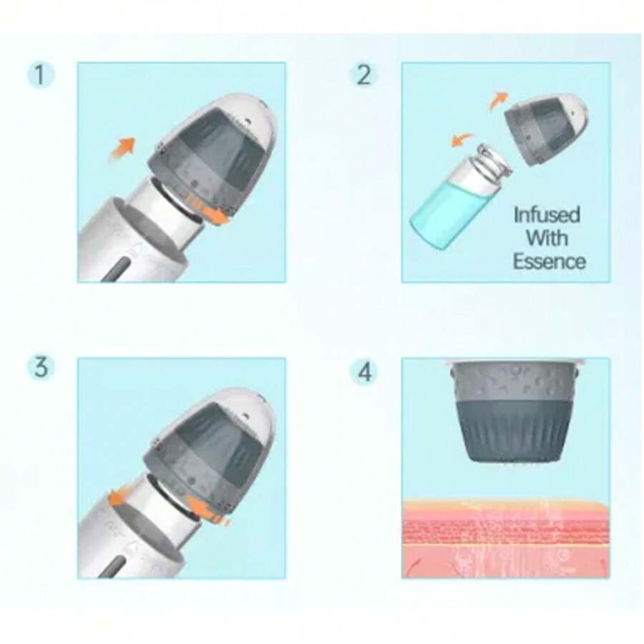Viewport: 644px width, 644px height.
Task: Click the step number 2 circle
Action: (x=364, y=75)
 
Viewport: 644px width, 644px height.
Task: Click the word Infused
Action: (x=547, y=215)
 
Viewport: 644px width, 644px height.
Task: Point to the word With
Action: (x=547, y=238)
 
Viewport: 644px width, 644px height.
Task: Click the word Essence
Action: (x=548, y=260)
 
